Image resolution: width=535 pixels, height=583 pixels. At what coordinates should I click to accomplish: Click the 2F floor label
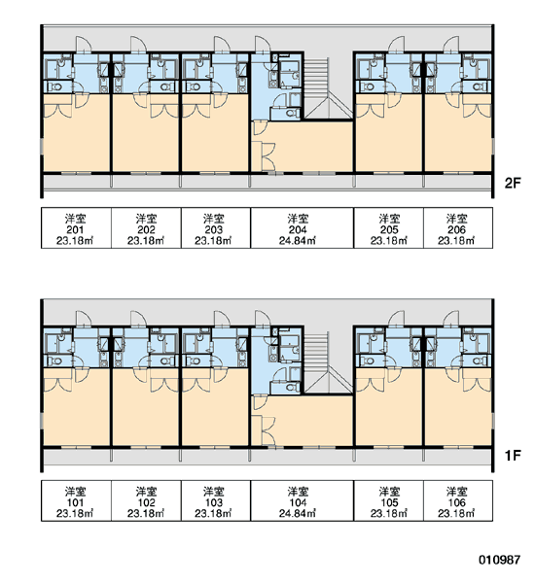click(513, 183)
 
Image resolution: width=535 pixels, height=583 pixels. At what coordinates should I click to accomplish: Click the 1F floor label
click(513, 455)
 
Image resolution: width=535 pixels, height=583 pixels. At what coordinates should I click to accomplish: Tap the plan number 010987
click(499, 560)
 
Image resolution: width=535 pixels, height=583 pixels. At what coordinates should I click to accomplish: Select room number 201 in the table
click(75, 230)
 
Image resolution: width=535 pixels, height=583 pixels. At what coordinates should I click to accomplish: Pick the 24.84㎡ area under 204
click(298, 241)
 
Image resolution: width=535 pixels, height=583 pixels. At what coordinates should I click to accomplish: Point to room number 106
click(456, 502)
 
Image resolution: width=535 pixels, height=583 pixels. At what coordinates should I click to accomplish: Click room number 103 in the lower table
click(213, 502)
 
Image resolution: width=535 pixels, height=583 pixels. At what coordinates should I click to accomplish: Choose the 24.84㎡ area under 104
click(298, 513)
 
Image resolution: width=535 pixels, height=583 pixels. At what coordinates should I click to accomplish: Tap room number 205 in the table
click(389, 230)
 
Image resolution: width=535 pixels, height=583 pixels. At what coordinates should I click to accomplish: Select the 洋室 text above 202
click(146, 219)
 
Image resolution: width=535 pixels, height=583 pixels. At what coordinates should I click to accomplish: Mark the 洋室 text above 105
click(389, 492)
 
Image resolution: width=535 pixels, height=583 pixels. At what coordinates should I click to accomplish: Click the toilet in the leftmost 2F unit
click(55, 87)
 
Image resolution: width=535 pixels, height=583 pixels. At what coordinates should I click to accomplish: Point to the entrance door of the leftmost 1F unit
click(84, 318)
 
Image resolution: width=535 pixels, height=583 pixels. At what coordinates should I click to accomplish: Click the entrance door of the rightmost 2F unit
click(451, 44)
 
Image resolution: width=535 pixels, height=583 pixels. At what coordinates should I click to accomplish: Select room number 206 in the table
click(456, 230)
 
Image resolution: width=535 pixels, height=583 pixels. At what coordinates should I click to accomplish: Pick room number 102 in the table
click(146, 502)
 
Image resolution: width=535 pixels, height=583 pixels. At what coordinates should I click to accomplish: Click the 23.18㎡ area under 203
click(213, 241)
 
